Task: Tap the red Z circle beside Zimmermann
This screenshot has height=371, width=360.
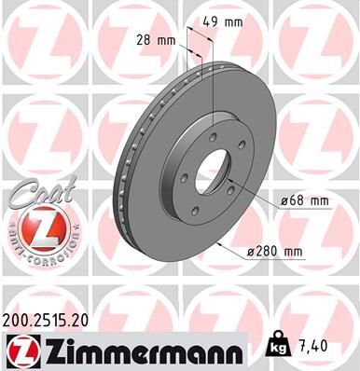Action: coord(20,350)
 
